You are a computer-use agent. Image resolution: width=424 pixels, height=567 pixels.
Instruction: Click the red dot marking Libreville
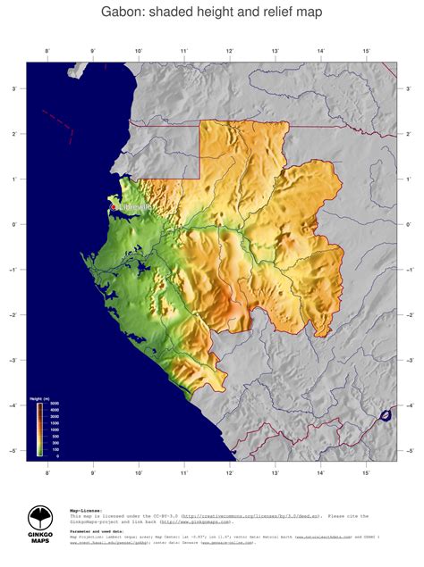pos(113,207)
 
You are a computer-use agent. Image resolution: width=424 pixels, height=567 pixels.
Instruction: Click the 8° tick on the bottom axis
pos(47,471)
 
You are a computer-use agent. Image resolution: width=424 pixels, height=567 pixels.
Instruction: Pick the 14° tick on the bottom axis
pos(320,471)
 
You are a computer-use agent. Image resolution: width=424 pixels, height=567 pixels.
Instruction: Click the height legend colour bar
pos(39,429)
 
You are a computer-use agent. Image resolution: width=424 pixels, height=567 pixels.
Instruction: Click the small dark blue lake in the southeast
pos(386,415)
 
